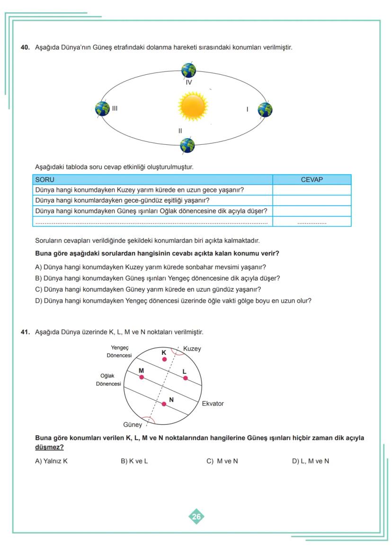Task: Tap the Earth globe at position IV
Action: click(189, 70)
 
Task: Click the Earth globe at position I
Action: click(265, 110)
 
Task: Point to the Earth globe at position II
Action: click(187, 145)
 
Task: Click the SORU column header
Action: click(45, 180)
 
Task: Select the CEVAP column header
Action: click(312, 180)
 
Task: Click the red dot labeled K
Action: click(164, 359)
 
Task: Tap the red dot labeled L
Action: click(185, 378)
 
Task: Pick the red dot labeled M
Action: click(142, 377)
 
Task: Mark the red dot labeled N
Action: click(164, 404)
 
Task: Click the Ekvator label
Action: click(213, 404)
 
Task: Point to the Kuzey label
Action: click(192, 349)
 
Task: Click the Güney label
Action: click(133, 424)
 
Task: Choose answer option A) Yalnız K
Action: click(52, 461)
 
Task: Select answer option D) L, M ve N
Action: click(310, 461)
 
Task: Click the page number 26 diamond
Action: click(196, 517)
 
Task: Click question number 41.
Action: click(26, 332)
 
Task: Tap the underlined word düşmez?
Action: click(49, 447)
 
